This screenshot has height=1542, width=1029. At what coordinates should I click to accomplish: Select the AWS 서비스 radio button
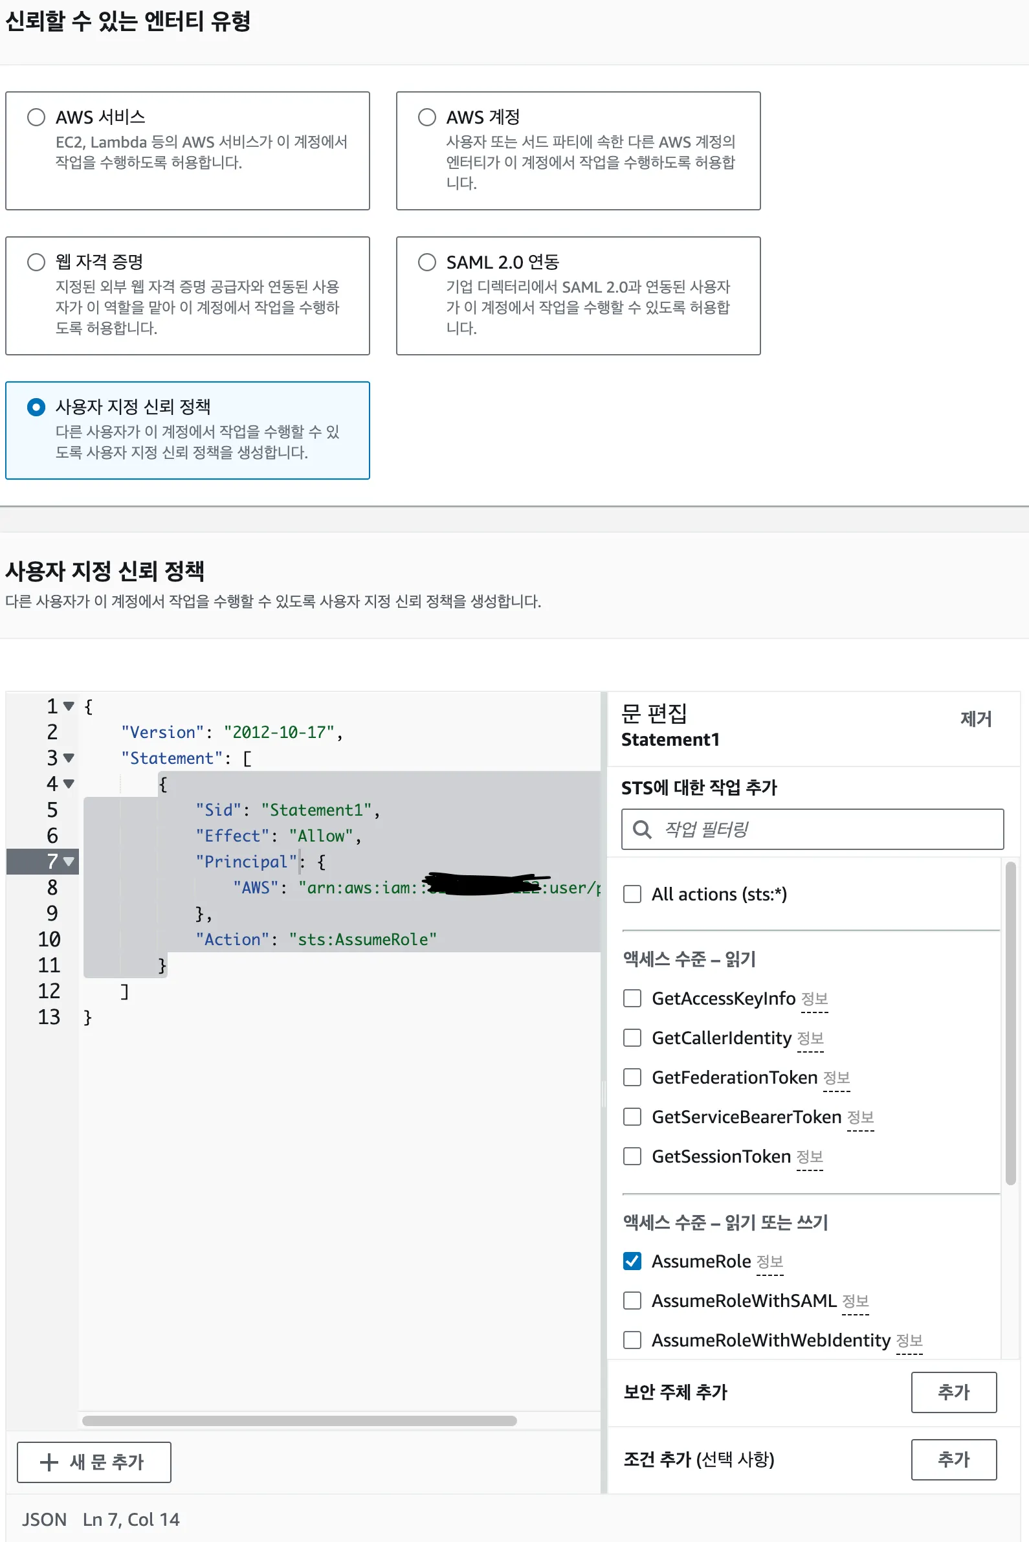click(x=36, y=117)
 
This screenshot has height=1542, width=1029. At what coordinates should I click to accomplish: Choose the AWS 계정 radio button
click(x=426, y=117)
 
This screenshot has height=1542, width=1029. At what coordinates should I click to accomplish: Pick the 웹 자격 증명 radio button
click(x=36, y=262)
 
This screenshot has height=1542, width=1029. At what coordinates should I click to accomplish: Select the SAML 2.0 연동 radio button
click(x=426, y=262)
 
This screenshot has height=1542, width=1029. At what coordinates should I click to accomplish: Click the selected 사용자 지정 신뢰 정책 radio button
click(x=36, y=407)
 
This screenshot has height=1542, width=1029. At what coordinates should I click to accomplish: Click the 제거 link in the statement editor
click(x=975, y=719)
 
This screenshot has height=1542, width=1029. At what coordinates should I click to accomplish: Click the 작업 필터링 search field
click(x=812, y=829)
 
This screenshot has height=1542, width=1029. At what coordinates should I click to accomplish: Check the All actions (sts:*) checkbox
click(x=632, y=894)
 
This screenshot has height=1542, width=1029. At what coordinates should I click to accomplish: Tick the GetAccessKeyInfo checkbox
click(x=632, y=998)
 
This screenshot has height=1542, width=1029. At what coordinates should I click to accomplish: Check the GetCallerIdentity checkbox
click(x=632, y=1038)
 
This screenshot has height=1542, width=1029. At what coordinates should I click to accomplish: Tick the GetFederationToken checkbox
click(x=632, y=1077)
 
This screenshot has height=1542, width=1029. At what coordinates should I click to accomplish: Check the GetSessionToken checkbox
click(x=632, y=1156)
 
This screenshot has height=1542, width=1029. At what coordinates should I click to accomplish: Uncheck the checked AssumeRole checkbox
click(x=632, y=1261)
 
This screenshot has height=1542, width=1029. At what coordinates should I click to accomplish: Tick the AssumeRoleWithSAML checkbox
click(x=632, y=1301)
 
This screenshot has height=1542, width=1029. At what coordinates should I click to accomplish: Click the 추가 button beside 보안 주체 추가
click(x=953, y=1392)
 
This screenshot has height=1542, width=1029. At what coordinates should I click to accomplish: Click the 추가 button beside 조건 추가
click(x=953, y=1459)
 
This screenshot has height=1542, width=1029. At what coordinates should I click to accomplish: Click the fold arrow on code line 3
click(x=69, y=758)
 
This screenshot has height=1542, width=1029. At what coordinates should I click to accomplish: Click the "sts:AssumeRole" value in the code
click(x=362, y=939)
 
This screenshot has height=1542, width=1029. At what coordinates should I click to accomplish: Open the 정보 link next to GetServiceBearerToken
click(x=859, y=1117)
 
